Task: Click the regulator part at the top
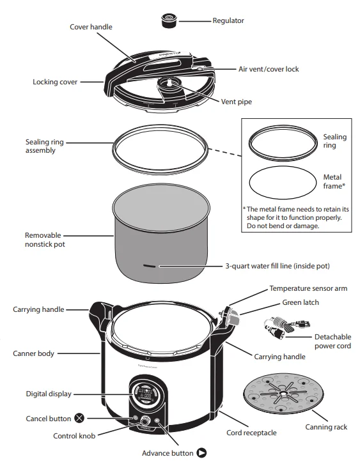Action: click(169, 21)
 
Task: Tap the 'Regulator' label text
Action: click(228, 21)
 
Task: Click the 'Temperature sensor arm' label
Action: click(308, 288)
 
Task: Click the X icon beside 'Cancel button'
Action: click(79, 419)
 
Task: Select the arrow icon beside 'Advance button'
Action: click(201, 453)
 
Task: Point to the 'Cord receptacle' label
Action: click(251, 433)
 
